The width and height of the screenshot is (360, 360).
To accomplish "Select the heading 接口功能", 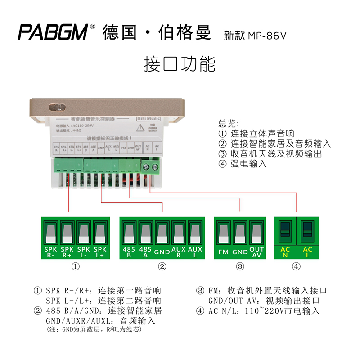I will click(180, 64).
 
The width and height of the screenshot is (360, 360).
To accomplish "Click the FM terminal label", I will click(224, 252).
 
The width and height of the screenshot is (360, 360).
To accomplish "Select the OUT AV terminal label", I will click(256, 252).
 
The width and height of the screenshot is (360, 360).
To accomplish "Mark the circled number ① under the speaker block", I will click(76, 267).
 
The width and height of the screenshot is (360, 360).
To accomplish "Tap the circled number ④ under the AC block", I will click(296, 267).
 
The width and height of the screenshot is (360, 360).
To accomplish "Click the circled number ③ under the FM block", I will click(240, 267).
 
